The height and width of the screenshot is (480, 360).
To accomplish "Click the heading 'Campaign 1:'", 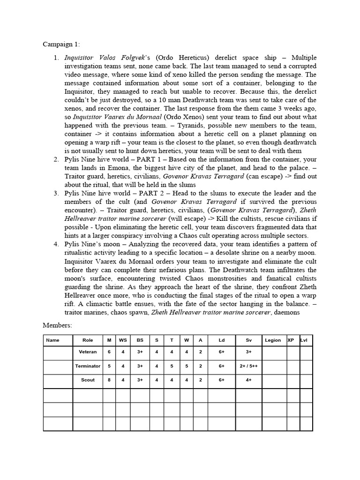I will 61,45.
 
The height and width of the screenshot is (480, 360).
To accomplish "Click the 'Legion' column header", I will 273,341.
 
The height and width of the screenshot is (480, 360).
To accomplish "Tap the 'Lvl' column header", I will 304,341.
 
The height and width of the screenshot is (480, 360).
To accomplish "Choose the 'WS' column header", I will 123,341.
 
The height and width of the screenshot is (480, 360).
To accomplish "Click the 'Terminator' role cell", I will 88,366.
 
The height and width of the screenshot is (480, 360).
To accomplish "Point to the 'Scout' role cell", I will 88,380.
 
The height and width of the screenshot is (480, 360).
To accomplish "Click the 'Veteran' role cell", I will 88,352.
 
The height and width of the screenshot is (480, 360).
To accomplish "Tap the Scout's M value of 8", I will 109,380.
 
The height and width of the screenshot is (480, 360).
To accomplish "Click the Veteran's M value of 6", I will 109,352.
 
